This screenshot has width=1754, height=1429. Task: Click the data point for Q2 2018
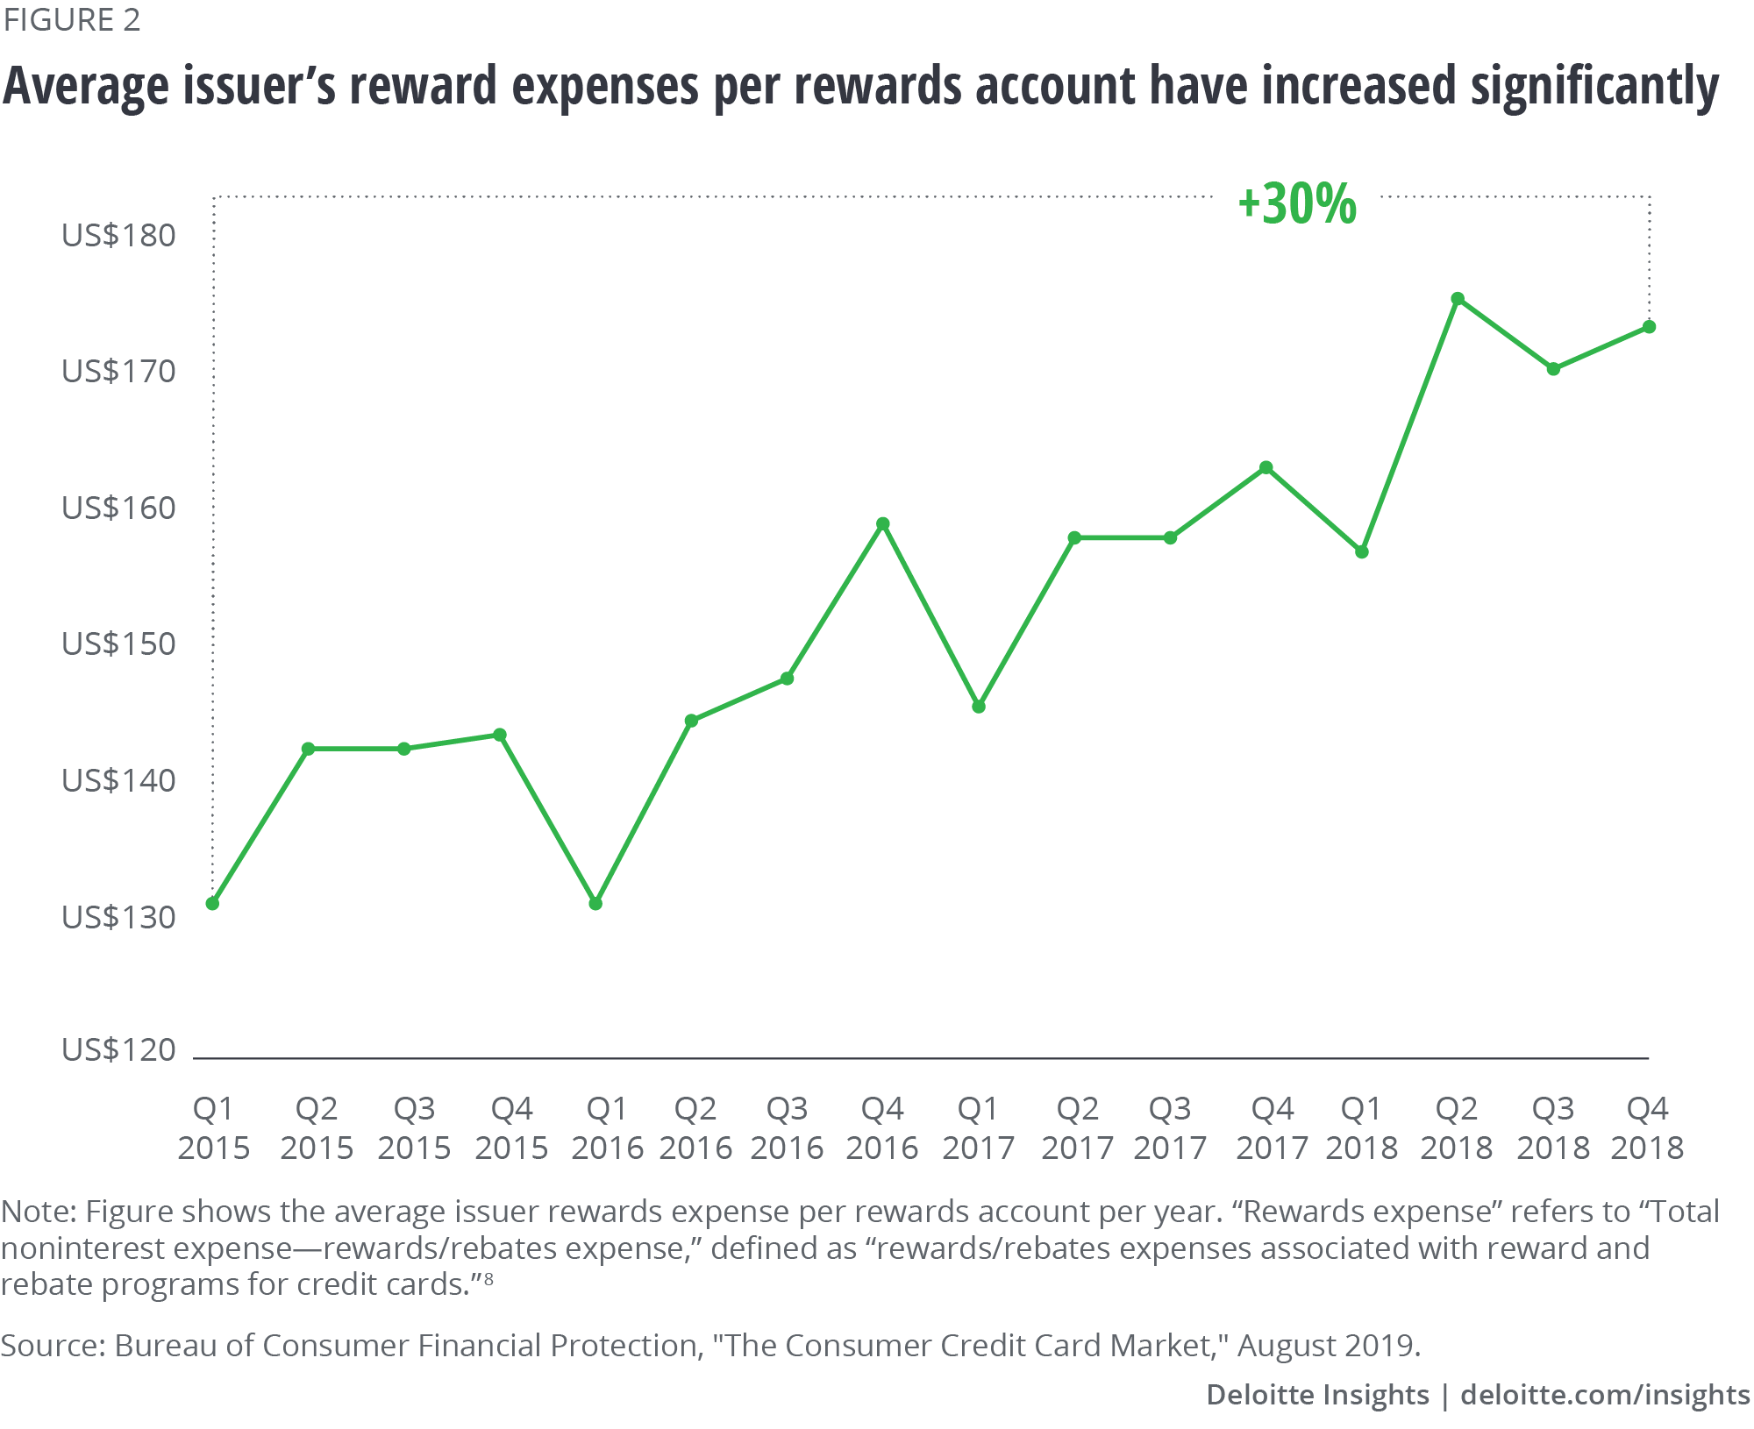click(1458, 299)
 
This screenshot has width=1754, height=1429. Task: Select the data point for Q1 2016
click(595, 903)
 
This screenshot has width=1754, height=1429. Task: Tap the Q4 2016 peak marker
click(883, 524)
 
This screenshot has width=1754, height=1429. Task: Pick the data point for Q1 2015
click(212, 903)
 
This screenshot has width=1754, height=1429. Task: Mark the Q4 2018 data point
click(1649, 327)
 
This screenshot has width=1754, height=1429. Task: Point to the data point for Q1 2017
click(979, 707)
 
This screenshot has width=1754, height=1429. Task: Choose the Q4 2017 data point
click(1266, 468)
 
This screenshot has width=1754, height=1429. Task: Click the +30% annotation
click(1296, 204)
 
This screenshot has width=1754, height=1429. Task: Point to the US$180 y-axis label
click(118, 235)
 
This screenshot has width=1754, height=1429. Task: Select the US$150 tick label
click(118, 644)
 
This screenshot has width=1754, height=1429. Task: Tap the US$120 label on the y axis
click(118, 1050)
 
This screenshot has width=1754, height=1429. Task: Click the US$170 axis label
click(118, 372)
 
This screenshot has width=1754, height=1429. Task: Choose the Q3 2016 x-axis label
click(787, 1128)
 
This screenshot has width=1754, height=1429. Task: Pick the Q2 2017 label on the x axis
click(1077, 1128)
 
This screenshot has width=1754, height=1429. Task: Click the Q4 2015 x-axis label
click(511, 1128)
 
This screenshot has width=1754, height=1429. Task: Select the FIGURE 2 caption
click(72, 20)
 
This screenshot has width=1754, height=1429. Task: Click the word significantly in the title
click(1594, 88)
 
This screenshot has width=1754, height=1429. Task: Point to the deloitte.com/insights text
click(1605, 1395)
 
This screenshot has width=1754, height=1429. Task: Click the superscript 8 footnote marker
click(488, 1279)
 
